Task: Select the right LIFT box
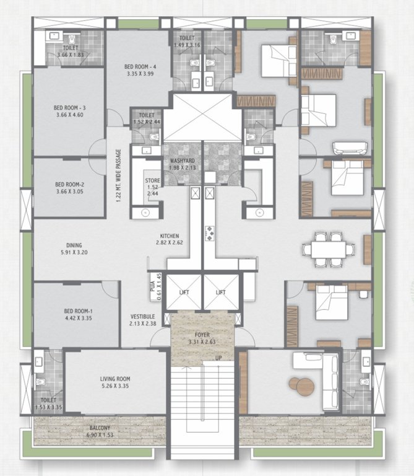tap(220, 292)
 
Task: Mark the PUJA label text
tap(152, 288)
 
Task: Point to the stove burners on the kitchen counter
tap(209, 232)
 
